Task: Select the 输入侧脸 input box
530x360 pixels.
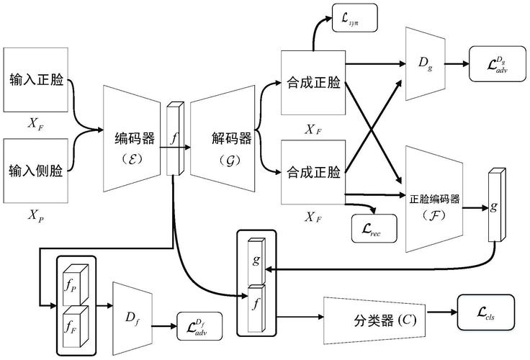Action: coord(37,171)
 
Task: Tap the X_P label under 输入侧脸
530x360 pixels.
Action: coord(35,215)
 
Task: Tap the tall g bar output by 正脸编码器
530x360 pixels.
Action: coord(494,207)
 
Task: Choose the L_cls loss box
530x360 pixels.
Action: coord(485,311)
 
